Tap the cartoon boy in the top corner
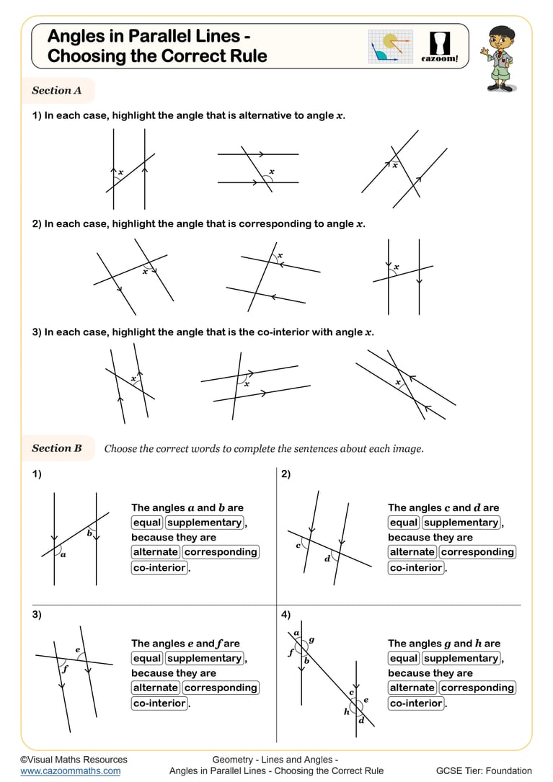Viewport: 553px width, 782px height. point(500,58)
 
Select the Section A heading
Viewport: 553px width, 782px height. point(57,91)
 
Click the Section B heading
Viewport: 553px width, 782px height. point(57,448)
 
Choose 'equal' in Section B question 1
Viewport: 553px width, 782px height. point(147,523)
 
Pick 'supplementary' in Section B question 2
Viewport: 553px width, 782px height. point(461,523)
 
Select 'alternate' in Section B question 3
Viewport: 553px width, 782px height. point(155,688)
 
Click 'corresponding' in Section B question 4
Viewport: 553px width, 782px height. point(477,688)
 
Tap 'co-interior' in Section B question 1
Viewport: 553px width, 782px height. point(159,568)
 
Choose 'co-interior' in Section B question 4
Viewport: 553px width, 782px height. point(416,703)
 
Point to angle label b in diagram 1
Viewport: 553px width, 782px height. point(89,533)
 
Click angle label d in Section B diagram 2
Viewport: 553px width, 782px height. point(327,559)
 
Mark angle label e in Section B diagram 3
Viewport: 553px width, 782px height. point(78,649)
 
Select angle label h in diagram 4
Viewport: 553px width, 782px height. point(346,711)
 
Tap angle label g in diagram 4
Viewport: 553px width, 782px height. point(311,639)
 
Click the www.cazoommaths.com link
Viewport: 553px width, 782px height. point(70,770)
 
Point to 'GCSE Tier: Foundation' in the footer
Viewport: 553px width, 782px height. point(484,770)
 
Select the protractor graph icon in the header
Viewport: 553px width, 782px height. point(390,47)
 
